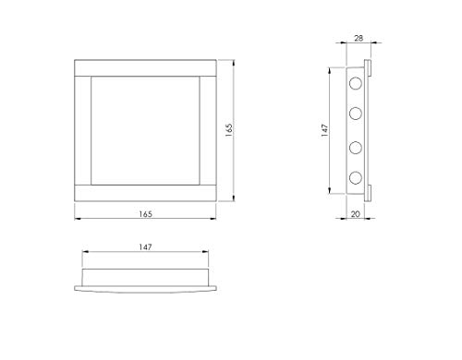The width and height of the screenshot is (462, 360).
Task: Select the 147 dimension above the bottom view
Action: coord(146,247)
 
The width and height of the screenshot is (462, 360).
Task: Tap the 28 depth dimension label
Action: coord(358,41)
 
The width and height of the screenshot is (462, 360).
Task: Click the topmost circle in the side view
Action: coord(355,84)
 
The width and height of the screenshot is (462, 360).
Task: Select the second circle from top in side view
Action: coord(355,114)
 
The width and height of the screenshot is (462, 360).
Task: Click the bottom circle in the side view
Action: coord(355,177)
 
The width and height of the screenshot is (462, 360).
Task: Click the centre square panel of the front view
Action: coord(146,130)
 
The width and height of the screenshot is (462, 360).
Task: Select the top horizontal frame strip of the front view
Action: coord(146,67)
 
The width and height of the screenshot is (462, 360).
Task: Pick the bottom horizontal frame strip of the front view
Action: coord(146,193)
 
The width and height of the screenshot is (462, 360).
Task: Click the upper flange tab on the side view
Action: coord(369,68)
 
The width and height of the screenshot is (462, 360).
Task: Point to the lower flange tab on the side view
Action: coord(369,192)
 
